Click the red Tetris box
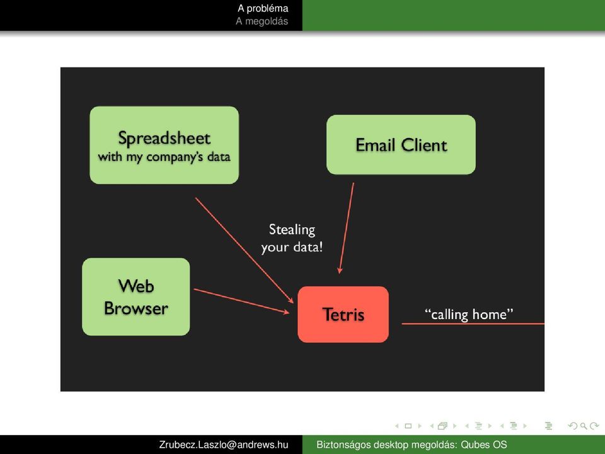coord(343,314)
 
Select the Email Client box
coord(401,145)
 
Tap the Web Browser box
coord(136,296)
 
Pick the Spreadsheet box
coord(164,145)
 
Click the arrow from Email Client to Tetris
coord(346,228)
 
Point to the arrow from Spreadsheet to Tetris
coord(245,250)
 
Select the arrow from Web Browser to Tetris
coord(241,301)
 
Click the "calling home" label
coord(469,314)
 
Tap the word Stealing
coord(292,230)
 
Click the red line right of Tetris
coord(473,323)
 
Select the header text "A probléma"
coord(263,8)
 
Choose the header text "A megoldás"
coord(262,21)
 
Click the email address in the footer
coord(224,445)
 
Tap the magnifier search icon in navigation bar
coord(584,426)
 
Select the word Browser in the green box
coord(136,308)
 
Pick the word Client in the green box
coord(424,145)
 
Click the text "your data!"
coord(292,247)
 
